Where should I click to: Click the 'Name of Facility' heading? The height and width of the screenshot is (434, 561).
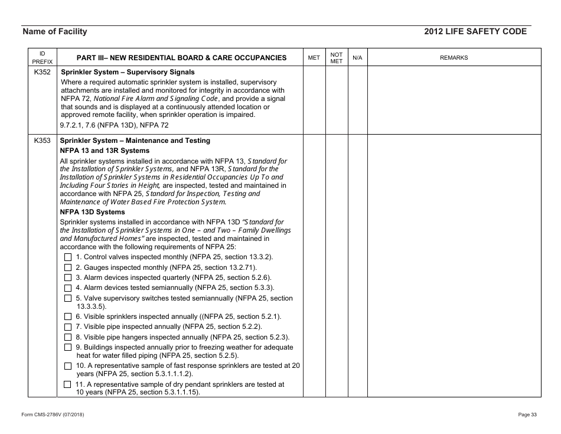click(54, 32)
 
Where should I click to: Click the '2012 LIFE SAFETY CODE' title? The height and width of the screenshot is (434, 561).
click(475, 32)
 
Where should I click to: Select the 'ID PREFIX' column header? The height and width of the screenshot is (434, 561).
click(42, 57)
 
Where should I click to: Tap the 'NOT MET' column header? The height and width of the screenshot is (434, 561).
click(336, 57)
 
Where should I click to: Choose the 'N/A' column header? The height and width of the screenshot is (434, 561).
click(357, 58)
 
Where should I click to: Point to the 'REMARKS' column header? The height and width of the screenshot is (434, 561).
click(454, 58)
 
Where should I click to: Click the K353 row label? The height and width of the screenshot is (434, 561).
click(42, 141)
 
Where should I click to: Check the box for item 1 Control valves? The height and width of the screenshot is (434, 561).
click(68, 257)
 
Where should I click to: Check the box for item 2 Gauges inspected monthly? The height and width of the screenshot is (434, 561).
click(68, 267)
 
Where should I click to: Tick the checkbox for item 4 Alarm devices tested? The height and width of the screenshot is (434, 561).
click(68, 288)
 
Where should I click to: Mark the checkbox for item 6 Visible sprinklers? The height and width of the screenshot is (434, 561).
click(68, 316)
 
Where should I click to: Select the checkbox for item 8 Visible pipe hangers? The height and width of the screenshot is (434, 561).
click(68, 337)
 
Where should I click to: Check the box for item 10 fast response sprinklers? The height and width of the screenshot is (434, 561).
click(68, 366)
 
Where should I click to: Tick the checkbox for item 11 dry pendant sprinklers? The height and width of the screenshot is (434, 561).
click(68, 385)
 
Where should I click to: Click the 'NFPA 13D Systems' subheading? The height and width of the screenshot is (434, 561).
click(93, 212)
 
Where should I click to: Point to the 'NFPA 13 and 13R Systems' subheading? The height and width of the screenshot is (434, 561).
click(105, 151)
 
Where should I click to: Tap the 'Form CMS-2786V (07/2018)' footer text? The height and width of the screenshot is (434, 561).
click(53, 415)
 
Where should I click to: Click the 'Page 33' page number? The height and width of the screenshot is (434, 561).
click(527, 415)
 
